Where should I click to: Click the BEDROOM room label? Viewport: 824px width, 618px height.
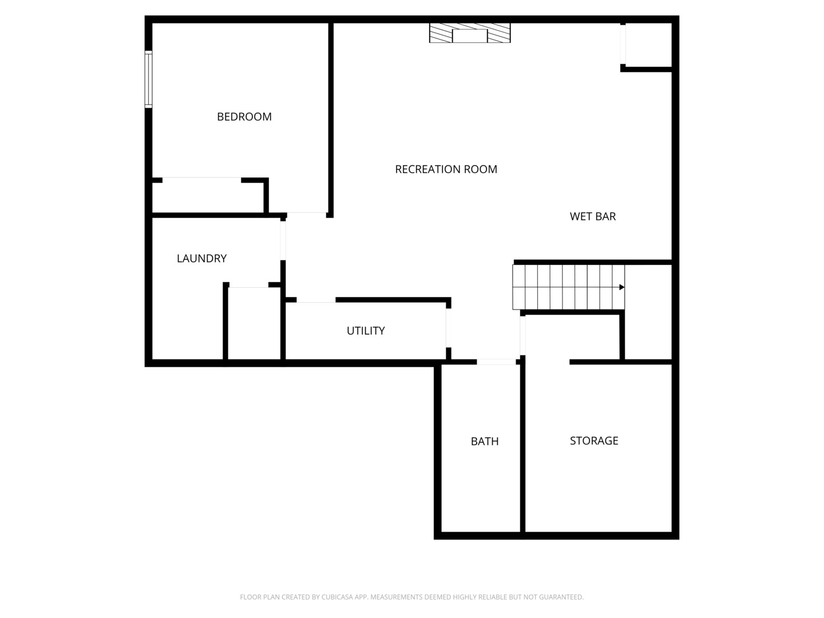click(x=244, y=117)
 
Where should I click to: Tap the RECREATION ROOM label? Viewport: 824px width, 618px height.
click(x=446, y=169)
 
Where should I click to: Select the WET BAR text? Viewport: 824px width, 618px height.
click(x=593, y=216)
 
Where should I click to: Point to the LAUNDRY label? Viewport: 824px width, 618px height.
click(x=201, y=259)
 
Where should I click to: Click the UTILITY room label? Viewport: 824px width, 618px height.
click(x=366, y=331)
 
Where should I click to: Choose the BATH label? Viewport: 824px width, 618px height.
click(x=485, y=441)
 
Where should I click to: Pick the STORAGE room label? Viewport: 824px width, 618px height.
click(x=594, y=441)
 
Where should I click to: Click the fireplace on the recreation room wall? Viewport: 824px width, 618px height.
click(x=470, y=33)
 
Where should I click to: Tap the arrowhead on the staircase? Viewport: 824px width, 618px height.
click(x=621, y=287)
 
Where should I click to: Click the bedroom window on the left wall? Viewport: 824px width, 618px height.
click(x=148, y=79)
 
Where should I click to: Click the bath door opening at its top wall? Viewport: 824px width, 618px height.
click(x=496, y=362)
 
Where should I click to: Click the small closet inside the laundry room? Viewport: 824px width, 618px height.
click(x=253, y=323)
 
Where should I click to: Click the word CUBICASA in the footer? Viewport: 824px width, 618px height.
click(x=340, y=597)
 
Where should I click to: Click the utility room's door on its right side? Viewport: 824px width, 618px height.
click(x=448, y=327)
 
